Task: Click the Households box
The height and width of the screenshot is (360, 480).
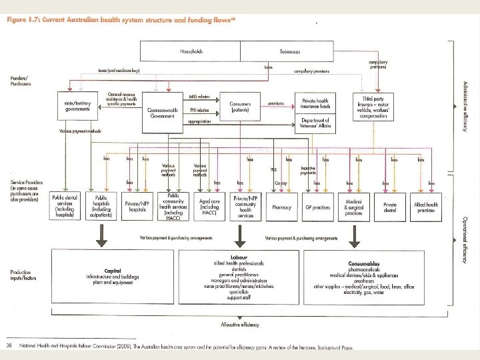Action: click(190, 51)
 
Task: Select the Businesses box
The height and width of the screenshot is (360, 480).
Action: click(290, 51)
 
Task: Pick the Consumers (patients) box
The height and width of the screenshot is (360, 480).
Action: click(239, 106)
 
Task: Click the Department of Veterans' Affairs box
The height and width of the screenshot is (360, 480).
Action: click(317, 123)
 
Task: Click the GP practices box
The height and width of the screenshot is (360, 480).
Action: click(317, 207)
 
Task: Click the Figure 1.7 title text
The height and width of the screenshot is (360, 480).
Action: click(120, 20)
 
